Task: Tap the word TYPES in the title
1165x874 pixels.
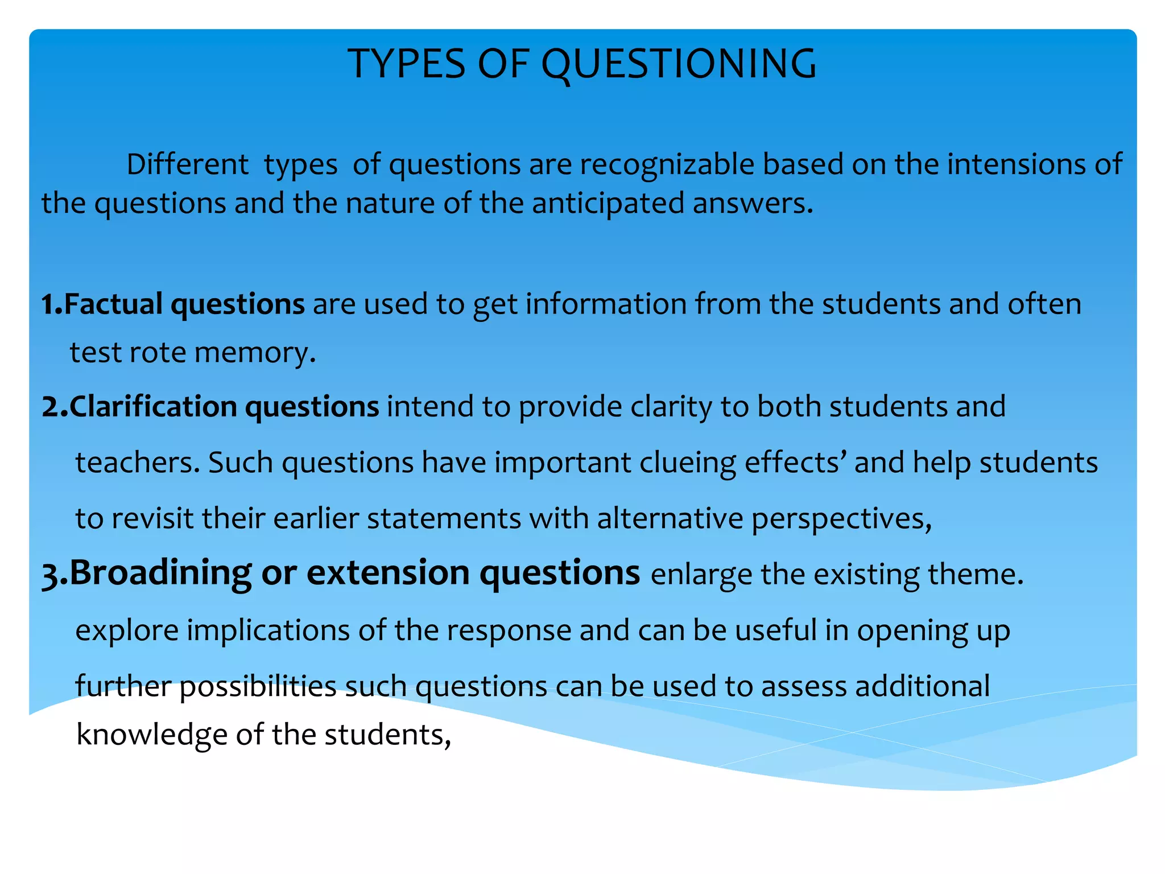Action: [x=406, y=64]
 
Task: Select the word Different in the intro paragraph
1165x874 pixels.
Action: [x=187, y=164]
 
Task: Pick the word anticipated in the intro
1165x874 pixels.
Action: [x=608, y=203]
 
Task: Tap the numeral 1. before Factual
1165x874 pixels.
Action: [x=51, y=304]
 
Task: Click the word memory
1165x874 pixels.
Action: [x=255, y=353]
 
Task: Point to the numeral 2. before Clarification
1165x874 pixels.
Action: [x=54, y=407]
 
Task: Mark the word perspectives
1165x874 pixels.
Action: [x=841, y=519]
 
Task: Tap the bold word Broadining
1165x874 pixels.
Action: [x=160, y=572]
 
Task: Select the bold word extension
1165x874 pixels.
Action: [x=387, y=572]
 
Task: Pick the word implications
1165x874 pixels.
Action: [x=268, y=630]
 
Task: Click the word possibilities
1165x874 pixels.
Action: [x=258, y=686]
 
